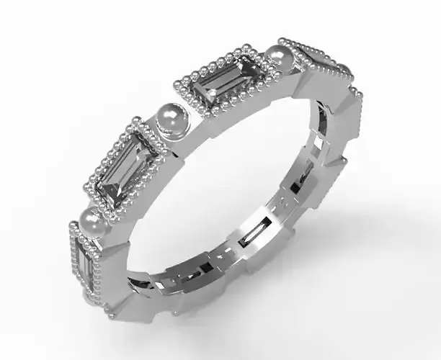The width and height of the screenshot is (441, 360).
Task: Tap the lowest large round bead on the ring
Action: point(92,221)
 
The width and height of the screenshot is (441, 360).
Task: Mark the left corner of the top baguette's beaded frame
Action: point(177,81)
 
